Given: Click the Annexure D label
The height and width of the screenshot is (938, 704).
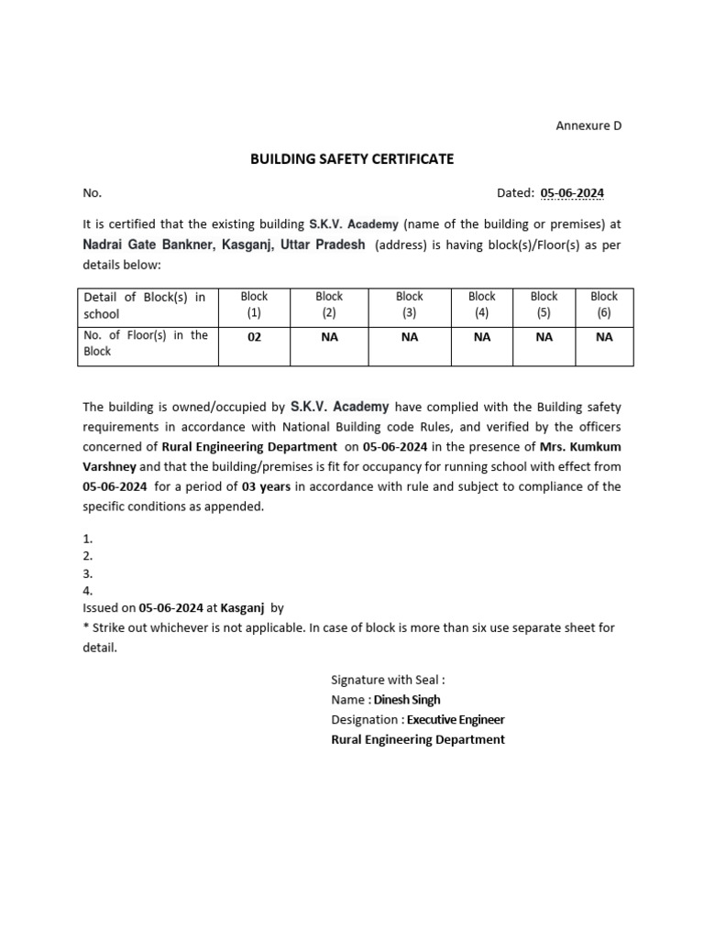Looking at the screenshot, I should coord(588,125).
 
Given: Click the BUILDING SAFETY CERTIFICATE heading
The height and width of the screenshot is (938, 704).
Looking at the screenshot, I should coord(352,159).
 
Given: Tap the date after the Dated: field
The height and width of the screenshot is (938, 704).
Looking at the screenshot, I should coord(572,193).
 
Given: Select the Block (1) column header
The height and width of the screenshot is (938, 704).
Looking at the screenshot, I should coord(254,305).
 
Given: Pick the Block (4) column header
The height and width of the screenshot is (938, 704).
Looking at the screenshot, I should coord(481,305).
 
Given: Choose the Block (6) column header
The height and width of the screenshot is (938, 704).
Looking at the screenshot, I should coord(604,305).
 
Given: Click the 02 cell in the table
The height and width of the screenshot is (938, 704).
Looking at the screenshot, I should coord(254,337).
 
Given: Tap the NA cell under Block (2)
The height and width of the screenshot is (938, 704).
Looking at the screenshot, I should coord(329,337).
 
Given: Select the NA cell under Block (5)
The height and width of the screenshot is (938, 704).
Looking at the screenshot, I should coord(544,337).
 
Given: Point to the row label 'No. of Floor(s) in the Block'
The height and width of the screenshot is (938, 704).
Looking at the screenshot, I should coord(146,344).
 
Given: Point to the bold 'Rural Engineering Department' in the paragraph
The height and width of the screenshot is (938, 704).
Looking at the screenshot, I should coord(249,446).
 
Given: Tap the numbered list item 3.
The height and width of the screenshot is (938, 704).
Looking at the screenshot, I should coord(88,573).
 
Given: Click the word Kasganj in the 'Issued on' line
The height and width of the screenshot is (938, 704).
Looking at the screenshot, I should coord(242,607).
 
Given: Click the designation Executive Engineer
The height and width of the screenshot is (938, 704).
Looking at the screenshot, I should coord(456,720).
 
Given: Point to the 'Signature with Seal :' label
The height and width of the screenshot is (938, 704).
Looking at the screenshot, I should coord(388,680).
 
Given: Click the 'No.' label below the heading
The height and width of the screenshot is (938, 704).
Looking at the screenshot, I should coord(92,193).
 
